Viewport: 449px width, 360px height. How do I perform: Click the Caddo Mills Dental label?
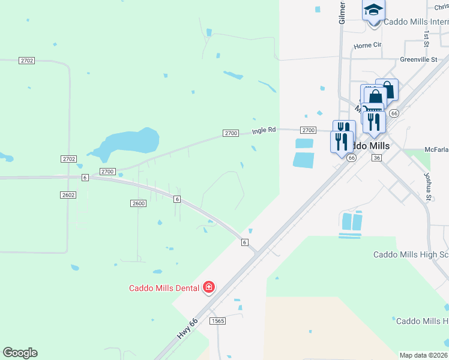[x=164, y=288]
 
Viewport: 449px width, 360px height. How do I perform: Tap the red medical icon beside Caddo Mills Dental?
[x=209, y=288]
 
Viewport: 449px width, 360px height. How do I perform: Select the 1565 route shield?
[x=218, y=322]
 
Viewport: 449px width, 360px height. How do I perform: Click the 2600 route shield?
[x=138, y=203]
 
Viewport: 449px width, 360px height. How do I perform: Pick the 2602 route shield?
[x=68, y=195]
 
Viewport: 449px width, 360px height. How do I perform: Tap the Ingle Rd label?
[x=264, y=130]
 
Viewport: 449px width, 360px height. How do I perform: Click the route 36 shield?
[x=376, y=157]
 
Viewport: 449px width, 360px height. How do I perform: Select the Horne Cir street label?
[x=367, y=45]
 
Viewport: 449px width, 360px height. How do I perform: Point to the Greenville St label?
[x=418, y=60]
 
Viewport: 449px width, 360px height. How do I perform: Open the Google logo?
[x=20, y=353]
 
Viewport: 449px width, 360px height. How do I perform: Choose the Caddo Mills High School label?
[x=411, y=254]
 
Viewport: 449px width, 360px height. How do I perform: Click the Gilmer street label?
[x=342, y=12]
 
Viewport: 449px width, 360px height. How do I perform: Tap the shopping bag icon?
[x=387, y=90]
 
